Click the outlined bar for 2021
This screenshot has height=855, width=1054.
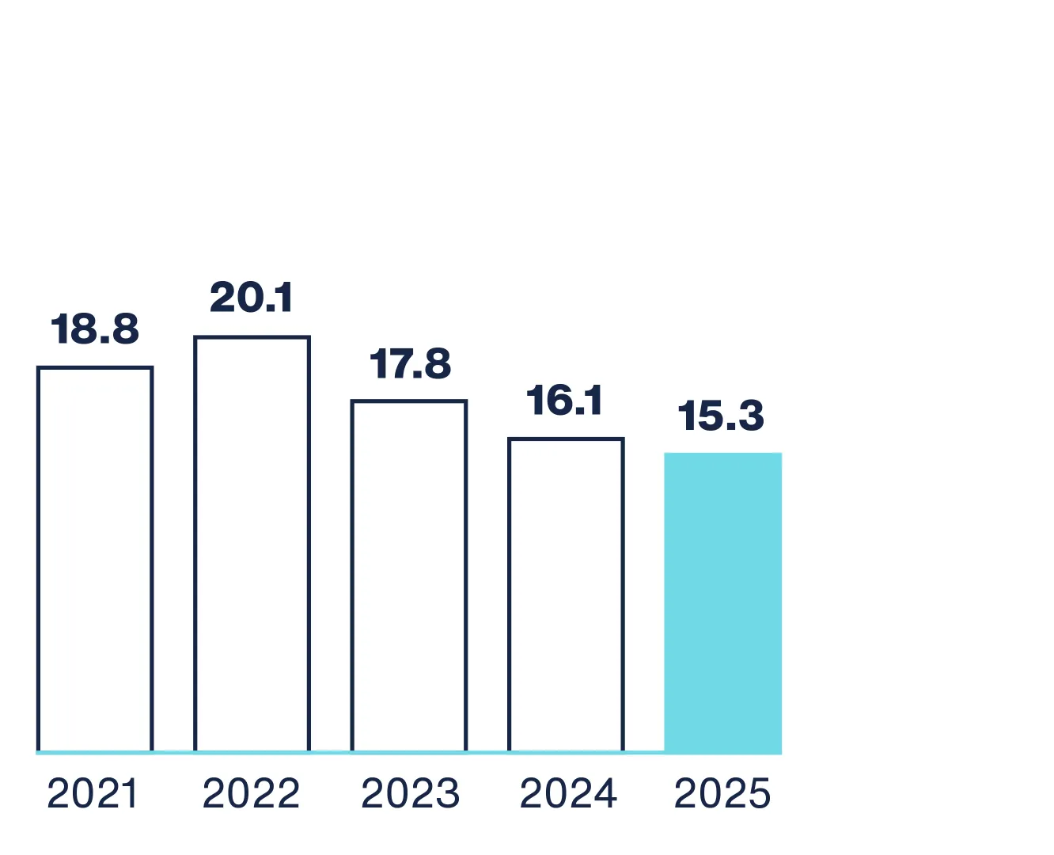pos(95,559)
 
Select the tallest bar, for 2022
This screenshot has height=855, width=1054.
pos(252,544)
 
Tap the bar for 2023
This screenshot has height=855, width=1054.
pos(409,576)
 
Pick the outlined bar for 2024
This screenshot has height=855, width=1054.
pos(566,595)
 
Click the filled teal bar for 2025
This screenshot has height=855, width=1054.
pos(722,602)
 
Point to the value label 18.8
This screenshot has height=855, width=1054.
pos(95,329)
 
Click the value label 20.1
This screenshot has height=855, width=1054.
pos(252,298)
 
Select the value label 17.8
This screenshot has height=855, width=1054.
pos(410,363)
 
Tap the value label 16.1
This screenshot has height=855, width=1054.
pos(564,401)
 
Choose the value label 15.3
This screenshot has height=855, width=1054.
pos(721,416)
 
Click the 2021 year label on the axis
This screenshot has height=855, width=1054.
pos(93,794)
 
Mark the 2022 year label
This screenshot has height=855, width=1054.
pos(252,794)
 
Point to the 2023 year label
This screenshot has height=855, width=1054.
pos(410,794)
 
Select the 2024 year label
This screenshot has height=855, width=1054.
pos(568,794)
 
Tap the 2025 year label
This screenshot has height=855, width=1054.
pos(722,794)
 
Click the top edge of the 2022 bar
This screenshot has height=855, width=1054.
pos(252,338)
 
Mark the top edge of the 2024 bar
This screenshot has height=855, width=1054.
pos(566,439)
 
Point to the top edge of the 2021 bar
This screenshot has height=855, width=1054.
pos(95,368)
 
